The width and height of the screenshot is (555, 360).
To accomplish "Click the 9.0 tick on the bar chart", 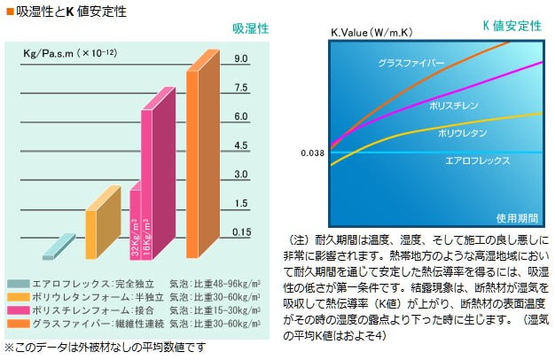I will coord(240,59).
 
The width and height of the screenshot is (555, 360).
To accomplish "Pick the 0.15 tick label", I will coord(240,232).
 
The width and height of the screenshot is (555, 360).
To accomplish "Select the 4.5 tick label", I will coord(240,145).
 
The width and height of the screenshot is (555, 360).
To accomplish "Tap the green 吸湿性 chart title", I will coord(251,29).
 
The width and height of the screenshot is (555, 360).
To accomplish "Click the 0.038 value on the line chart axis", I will coord(312,153).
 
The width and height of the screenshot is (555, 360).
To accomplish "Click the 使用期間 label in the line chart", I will coord(514,216).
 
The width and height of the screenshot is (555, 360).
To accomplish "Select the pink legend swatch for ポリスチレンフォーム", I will coord(16,311).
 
